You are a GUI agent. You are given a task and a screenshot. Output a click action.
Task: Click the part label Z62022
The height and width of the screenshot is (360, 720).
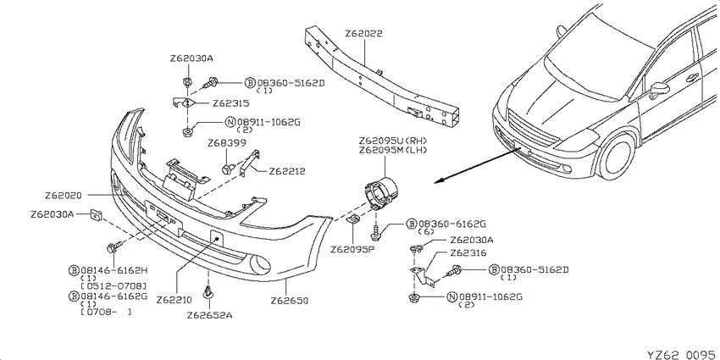click(x=363, y=34)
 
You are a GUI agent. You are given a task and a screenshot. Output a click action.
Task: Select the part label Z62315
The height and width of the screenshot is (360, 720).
click(x=231, y=103)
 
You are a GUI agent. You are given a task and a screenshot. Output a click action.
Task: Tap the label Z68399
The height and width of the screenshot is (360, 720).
click(x=227, y=144)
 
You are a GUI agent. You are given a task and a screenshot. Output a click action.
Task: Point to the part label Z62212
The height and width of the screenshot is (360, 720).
click(x=287, y=172)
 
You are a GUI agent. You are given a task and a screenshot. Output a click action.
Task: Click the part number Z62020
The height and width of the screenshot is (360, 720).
click(x=63, y=196)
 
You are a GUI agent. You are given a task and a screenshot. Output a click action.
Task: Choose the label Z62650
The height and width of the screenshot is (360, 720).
click(x=289, y=301)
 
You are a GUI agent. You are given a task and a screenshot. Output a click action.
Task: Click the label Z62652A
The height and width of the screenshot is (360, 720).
click(x=209, y=315)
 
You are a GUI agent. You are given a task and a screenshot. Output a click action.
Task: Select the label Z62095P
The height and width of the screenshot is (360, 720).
click(x=352, y=249)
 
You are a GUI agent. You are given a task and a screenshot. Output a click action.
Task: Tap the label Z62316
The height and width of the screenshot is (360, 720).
click(x=468, y=253)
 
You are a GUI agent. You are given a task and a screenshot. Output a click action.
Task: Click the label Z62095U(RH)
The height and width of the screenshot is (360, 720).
click(x=394, y=141)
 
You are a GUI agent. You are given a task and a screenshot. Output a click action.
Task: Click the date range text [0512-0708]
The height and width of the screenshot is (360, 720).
click(x=114, y=285)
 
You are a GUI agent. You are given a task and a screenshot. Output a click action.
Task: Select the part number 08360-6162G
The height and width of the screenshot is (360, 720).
click(x=451, y=224)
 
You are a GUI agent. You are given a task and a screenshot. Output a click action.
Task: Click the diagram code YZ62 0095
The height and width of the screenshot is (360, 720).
click(x=681, y=354)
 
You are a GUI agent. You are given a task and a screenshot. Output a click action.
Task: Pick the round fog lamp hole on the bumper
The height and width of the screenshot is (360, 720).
click(x=259, y=264)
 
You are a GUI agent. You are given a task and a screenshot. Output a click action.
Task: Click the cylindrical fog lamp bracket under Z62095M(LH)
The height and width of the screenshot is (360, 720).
click(x=381, y=193)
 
